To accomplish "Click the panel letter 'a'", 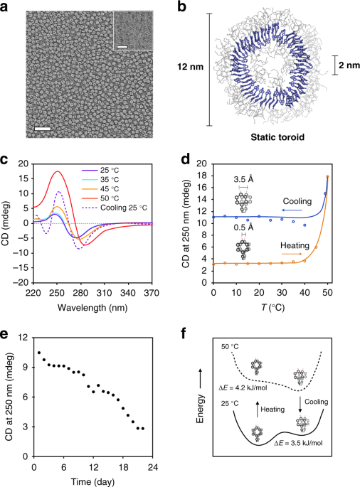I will coord(6,7).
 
